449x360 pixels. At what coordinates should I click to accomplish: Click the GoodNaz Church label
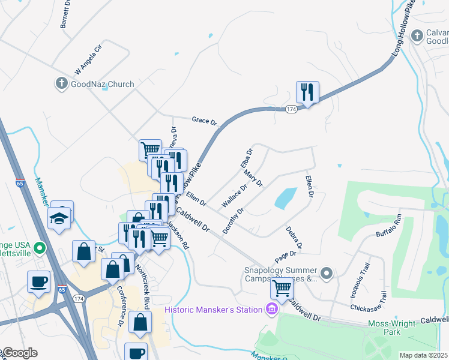tap(102, 84)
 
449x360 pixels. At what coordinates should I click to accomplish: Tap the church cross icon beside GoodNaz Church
tap(61, 84)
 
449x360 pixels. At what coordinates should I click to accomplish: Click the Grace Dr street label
tap(204, 121)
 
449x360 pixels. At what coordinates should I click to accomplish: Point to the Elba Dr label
tap(246, 157)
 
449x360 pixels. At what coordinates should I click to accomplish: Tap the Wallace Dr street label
tap(235, 196)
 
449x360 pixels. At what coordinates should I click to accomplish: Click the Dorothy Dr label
tap(234, 220)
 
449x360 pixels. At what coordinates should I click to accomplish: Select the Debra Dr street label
tap(294, 237)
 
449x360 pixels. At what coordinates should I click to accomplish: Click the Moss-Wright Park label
tap(408, 328)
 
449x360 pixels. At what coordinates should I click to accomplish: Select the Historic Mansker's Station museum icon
tap(271, 310)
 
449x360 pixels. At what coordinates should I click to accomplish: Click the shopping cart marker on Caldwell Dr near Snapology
tap(282, 288)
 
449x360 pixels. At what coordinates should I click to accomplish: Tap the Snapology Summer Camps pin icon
tap(327, 274)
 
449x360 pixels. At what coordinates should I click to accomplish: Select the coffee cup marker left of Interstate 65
tap(39, 281)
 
